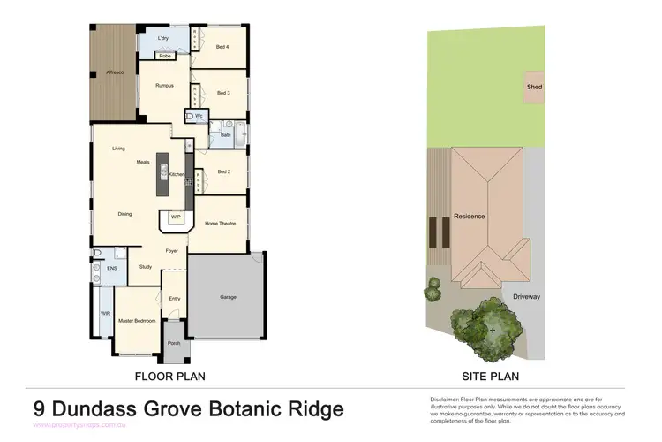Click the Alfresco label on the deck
coord(115,72)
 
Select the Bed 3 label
coord(222,93)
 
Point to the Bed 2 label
coord(223,171)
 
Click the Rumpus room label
coord(164,86)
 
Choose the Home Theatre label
coord(220,224)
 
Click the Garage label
coord(228,297)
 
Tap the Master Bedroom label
coord(138,320)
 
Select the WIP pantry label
coord(176,216)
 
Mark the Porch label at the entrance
coord(174,343)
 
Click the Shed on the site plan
coord(534,88)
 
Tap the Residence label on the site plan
coord(470,217)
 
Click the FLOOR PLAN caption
coord(170,377)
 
